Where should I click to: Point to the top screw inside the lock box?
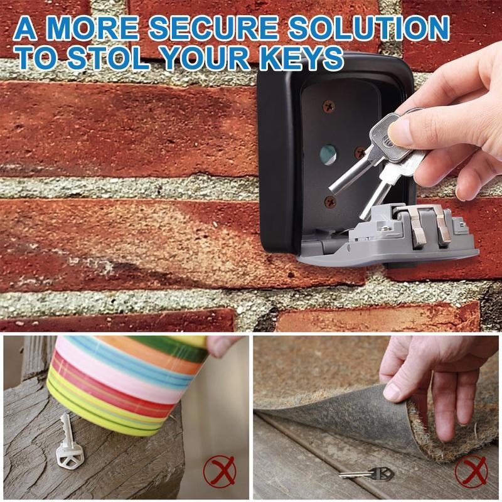[328, 107]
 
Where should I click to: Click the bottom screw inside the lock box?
[329, 201]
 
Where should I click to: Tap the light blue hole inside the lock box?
[328, 153]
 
